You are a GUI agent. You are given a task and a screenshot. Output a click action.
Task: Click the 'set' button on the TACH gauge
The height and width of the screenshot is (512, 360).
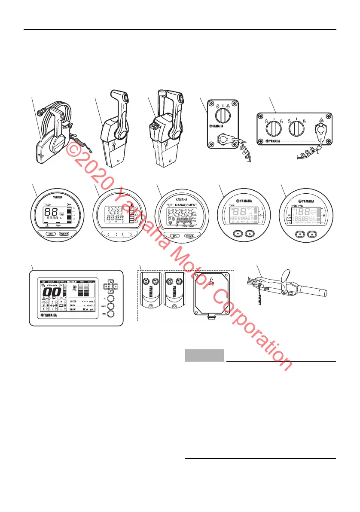(49, 234)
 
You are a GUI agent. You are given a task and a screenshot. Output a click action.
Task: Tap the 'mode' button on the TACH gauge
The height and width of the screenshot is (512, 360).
(64, 234)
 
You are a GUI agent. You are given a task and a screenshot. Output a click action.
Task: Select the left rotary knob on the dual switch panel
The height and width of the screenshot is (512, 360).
(275, 129)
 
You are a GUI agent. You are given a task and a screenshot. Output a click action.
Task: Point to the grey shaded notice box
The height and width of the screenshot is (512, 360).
(204, 355)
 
